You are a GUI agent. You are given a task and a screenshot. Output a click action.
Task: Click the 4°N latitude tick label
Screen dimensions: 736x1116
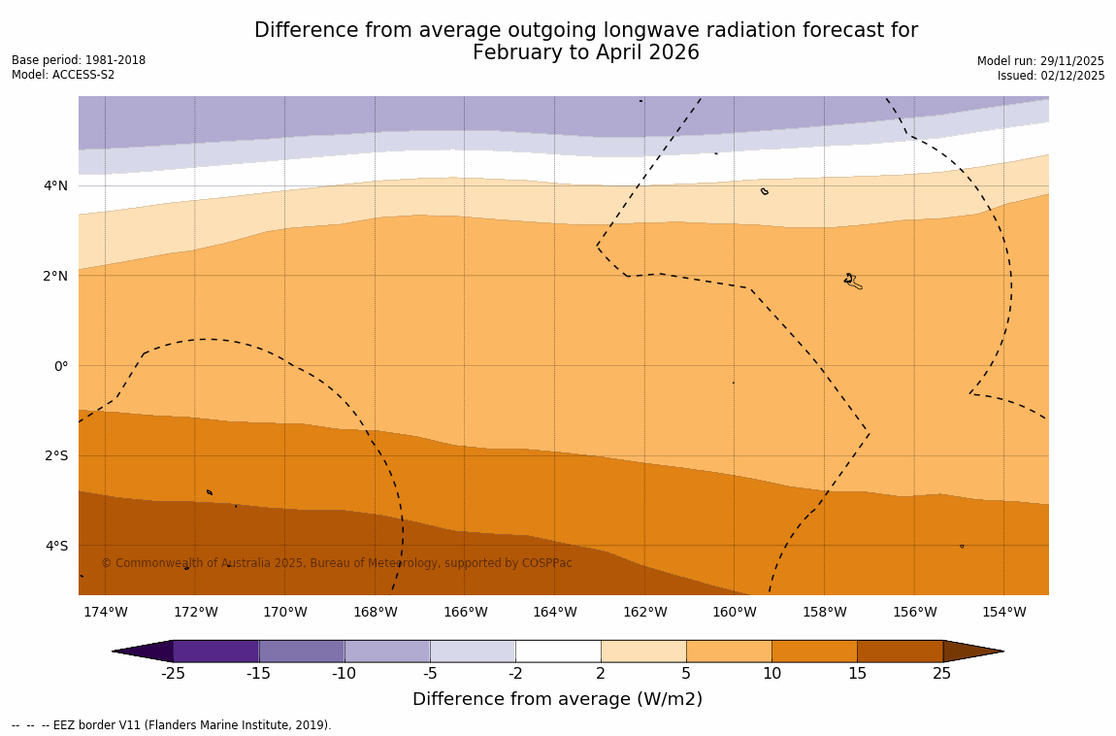coord(54,185)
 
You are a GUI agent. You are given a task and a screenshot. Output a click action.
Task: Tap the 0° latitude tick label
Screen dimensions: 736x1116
coord(60,366)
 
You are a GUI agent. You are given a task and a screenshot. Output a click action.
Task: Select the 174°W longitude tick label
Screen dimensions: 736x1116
coord(105,612)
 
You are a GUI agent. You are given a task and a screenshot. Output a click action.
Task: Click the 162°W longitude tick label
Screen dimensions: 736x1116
coord(644,612)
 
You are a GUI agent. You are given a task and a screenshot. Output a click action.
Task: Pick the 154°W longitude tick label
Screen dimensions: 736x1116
coord(1003,612)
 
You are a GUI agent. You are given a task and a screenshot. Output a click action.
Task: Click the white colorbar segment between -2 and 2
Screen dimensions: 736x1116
coord(558,651)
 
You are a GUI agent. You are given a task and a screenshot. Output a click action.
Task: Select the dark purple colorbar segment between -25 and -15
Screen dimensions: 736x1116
coord(215,651)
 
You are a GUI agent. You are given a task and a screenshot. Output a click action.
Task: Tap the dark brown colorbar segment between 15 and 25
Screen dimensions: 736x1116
coord(900,651)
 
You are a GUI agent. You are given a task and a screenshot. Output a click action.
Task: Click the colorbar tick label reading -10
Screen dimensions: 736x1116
coord(344,674)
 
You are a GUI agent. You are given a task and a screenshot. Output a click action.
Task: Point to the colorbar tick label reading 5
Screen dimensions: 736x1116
coord(686,674)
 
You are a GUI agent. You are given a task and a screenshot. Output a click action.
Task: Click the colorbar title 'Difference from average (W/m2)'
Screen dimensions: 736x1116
coord(557,699)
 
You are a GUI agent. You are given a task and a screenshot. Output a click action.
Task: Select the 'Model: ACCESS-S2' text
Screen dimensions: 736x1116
coord(63,75)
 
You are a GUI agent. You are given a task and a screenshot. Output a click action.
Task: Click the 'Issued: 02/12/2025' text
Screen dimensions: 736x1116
coord(1051,76)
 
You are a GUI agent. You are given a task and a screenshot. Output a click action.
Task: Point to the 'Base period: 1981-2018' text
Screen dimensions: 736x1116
coord(79,60)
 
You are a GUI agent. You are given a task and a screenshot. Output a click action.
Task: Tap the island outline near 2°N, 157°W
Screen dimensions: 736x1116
coord(851,281)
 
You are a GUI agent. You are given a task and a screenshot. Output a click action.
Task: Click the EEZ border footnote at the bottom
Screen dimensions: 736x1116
coord(171,725)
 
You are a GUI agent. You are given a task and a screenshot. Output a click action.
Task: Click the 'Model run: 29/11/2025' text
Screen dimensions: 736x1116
coord(1040,60)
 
